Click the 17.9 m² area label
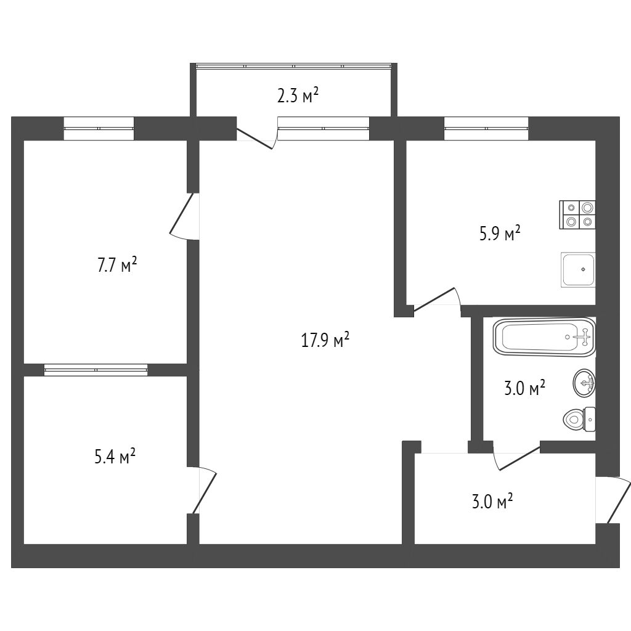325,340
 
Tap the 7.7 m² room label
116,266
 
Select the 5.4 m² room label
115,458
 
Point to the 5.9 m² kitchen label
500,235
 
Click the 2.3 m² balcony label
298,96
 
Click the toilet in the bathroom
580,420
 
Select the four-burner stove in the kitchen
578,215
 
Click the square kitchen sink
578,269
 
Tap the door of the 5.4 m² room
203,490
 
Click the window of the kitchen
486,128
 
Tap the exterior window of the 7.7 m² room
99,128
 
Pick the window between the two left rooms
96,369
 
